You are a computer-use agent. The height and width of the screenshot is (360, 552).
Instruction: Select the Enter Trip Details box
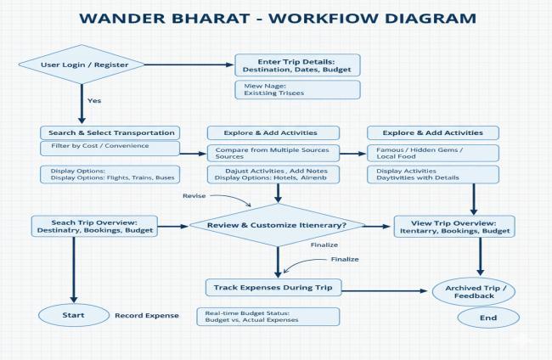coord(297,65)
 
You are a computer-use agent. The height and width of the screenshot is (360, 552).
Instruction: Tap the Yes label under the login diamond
coord(94,100)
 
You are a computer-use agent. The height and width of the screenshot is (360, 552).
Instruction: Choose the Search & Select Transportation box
coord(109,132)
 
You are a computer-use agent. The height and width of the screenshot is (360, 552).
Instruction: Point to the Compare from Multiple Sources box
coord(273,153)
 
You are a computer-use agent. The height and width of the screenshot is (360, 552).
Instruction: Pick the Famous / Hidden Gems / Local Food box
coord(432,153)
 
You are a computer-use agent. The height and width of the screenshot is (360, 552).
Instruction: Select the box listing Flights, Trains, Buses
coord(109,173)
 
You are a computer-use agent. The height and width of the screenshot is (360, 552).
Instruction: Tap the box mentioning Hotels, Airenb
coord(273,173)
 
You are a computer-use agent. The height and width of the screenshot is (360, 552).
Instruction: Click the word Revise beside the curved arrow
coord(194,196)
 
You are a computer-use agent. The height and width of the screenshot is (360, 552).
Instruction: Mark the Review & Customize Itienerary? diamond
coord(277,226)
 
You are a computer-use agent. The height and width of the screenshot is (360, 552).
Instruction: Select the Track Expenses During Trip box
coord(273,288)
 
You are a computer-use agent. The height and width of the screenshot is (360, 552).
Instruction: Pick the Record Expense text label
coord(147,316)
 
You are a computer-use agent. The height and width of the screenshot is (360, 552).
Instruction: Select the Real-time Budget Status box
coord(269,316)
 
